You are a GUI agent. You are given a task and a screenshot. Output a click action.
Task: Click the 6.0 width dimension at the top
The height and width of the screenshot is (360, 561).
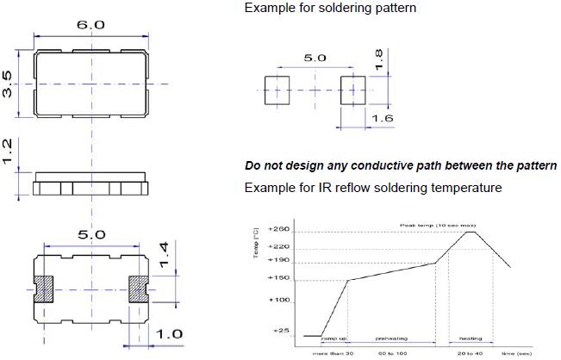tap(90, 26)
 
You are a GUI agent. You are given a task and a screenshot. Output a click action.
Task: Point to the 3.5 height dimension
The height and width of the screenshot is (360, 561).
tap(9, 84)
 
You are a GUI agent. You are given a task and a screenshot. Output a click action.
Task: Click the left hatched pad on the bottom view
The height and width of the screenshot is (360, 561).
tap(43, 288)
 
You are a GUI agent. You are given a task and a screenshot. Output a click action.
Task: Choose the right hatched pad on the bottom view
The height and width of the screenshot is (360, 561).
tap(139, 288)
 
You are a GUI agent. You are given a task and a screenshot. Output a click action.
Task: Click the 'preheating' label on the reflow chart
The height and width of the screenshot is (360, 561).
tap(392, 339)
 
